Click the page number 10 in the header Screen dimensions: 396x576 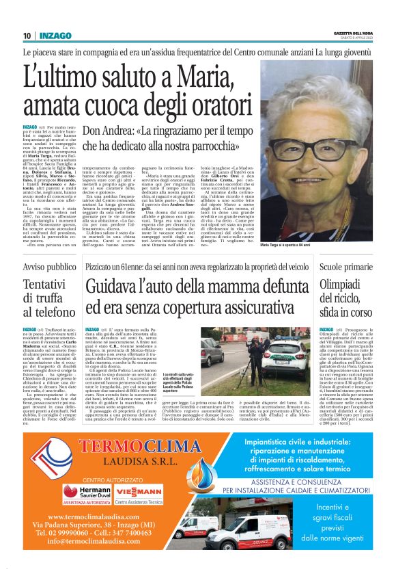tap(26, 35)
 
